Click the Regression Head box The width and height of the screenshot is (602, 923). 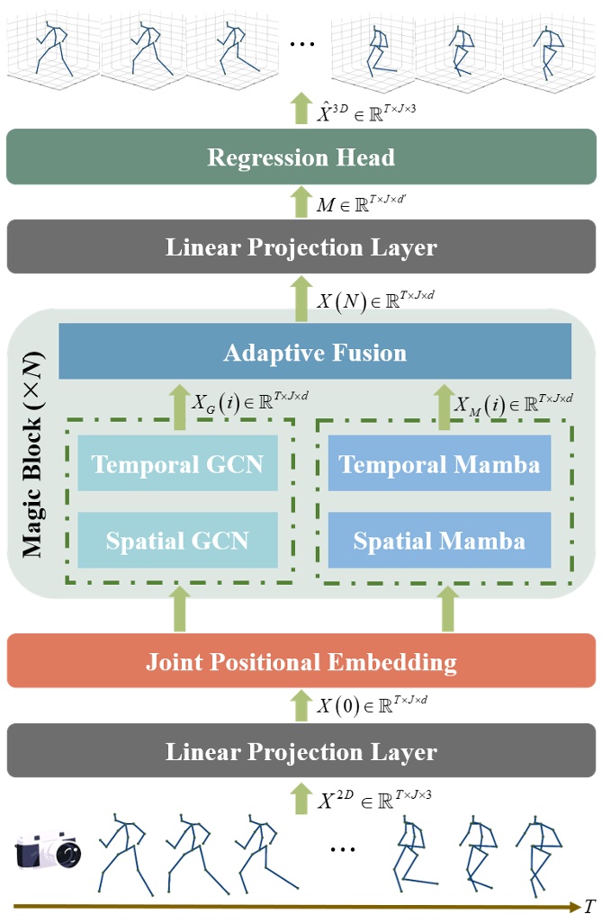301,158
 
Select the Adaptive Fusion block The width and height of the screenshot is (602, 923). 315,352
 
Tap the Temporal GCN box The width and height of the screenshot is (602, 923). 177,464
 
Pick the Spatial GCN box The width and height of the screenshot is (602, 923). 177,541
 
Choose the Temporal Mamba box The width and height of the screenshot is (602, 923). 439,464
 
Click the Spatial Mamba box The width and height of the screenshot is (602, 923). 439,541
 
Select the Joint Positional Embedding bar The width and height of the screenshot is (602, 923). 301,663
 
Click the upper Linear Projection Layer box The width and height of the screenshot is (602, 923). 301,246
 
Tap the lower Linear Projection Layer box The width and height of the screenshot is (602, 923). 301,751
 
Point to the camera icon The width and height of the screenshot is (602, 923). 45,851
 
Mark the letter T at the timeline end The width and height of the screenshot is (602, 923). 589,906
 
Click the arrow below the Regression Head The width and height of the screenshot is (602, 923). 300,201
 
